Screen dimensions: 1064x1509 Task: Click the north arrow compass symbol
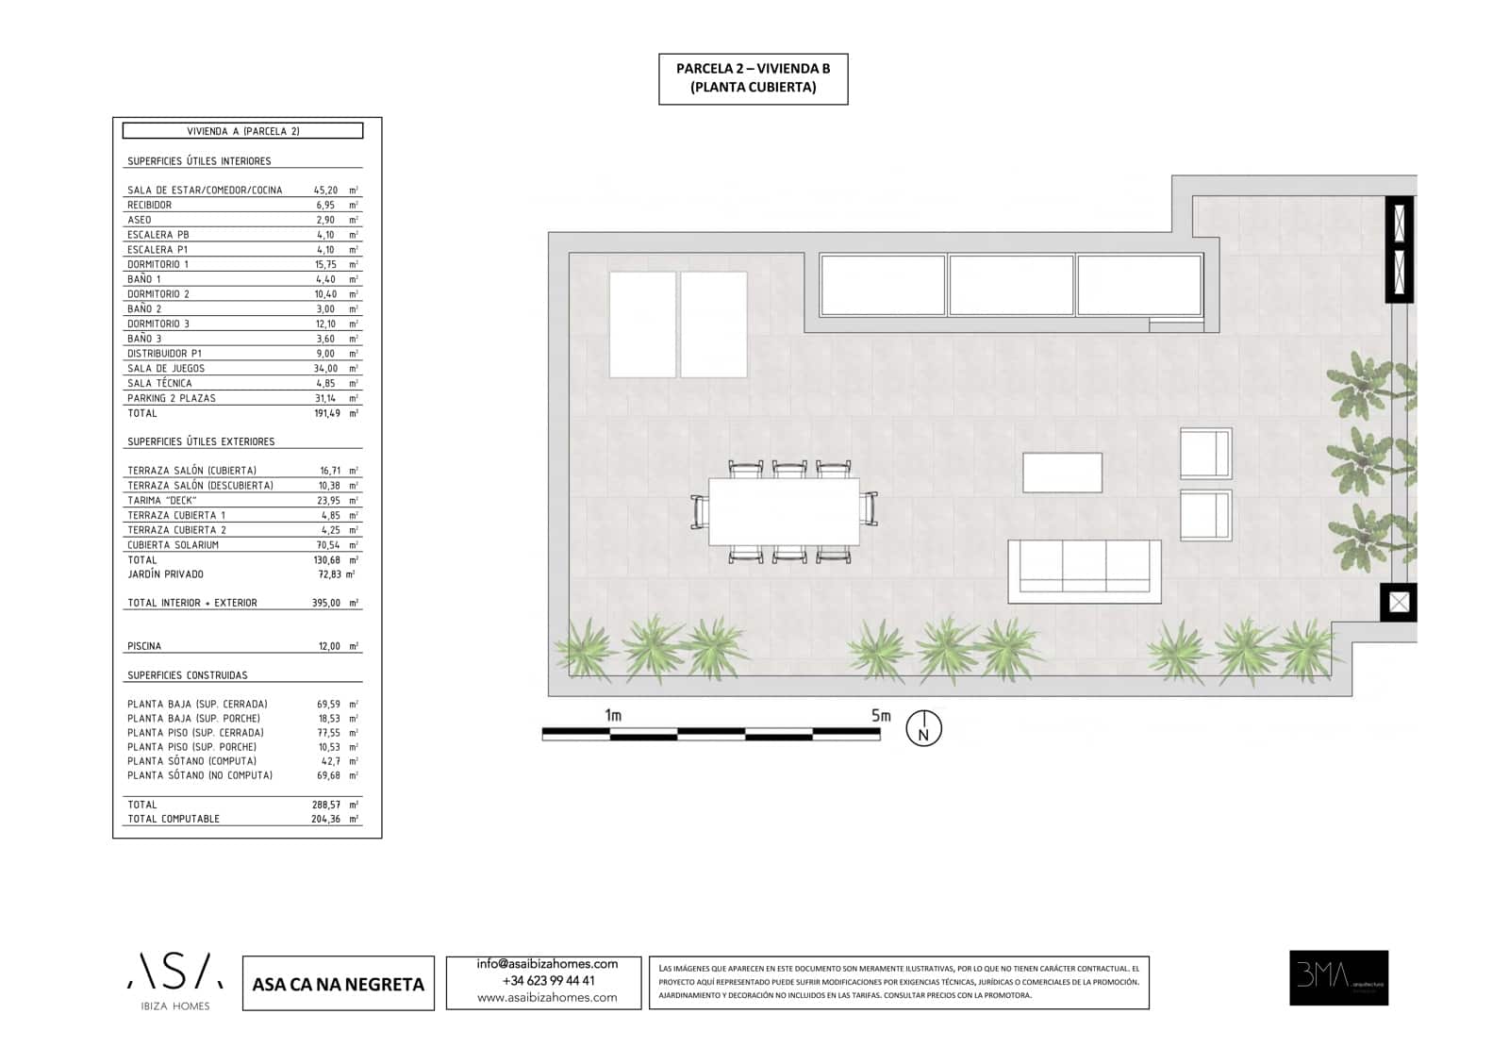click(x=923, y=729)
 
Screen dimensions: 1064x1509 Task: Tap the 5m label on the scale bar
click(x=880, y=716)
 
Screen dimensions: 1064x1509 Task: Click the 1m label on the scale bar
click(x=613, y=716)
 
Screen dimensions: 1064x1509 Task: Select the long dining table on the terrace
click(x=784, y=511)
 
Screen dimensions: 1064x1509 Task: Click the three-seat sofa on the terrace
click(x=1084, y=571)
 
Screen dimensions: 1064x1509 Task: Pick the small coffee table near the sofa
click(x=1062, y=473)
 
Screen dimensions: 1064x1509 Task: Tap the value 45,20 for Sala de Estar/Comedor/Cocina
click(x=325, y=191)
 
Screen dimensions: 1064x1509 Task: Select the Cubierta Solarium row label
click(x=173, y=545)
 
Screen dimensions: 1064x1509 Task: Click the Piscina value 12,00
click(x=328, y=646)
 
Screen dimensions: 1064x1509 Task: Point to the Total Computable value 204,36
click(x=325, y=819)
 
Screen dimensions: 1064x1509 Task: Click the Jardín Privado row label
click(x=165, y=574)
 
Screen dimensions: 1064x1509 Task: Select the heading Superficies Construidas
click(x=187, y=675)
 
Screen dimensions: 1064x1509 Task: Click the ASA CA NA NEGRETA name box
click(x=338, y=984)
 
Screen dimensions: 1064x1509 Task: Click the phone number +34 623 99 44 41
click(x=548, y=981)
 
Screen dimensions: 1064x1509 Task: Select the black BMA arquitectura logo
click(x=1338, y=977)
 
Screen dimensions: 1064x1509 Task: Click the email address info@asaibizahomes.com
click(x=547, y=964)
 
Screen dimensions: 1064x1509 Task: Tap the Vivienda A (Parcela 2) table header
click(x=242, y=131)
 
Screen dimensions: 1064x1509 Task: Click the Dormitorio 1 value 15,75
click(x=325, y=265)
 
